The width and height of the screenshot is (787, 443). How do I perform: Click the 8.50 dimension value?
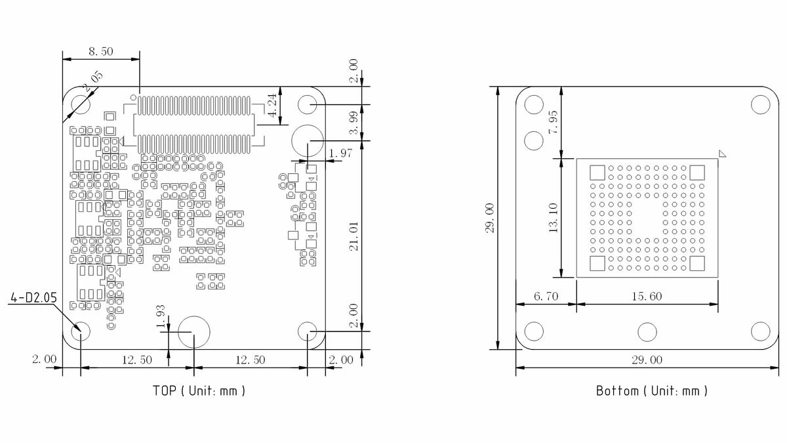(x=100, y=51)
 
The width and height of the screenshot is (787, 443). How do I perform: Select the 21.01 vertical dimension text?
(x=354, y=236)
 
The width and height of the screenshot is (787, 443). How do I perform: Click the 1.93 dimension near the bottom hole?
(x=161, y=316)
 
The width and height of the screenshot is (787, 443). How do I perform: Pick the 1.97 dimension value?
(x=341, y=154)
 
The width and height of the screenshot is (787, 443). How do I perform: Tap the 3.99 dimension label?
(x=354, y=123)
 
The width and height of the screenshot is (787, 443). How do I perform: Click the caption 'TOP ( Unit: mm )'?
(x=199, y=390)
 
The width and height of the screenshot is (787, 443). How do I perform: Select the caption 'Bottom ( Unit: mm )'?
(x=652, y=391)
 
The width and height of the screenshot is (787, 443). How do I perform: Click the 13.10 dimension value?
(x=553, y=218)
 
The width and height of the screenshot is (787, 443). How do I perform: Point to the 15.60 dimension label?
(x=647, y=297)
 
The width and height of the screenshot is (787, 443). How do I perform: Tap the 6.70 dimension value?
(x=546, y=297)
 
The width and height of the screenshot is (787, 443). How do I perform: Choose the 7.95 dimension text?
(x=553, y=122)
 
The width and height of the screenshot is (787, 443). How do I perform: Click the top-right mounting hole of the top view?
(x=308, y=105)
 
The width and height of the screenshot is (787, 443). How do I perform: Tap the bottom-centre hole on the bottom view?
(x=647, y=332)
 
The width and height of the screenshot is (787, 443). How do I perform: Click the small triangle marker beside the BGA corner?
(x=723, y=154)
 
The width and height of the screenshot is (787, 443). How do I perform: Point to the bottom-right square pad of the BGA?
(x=697, y=264)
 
